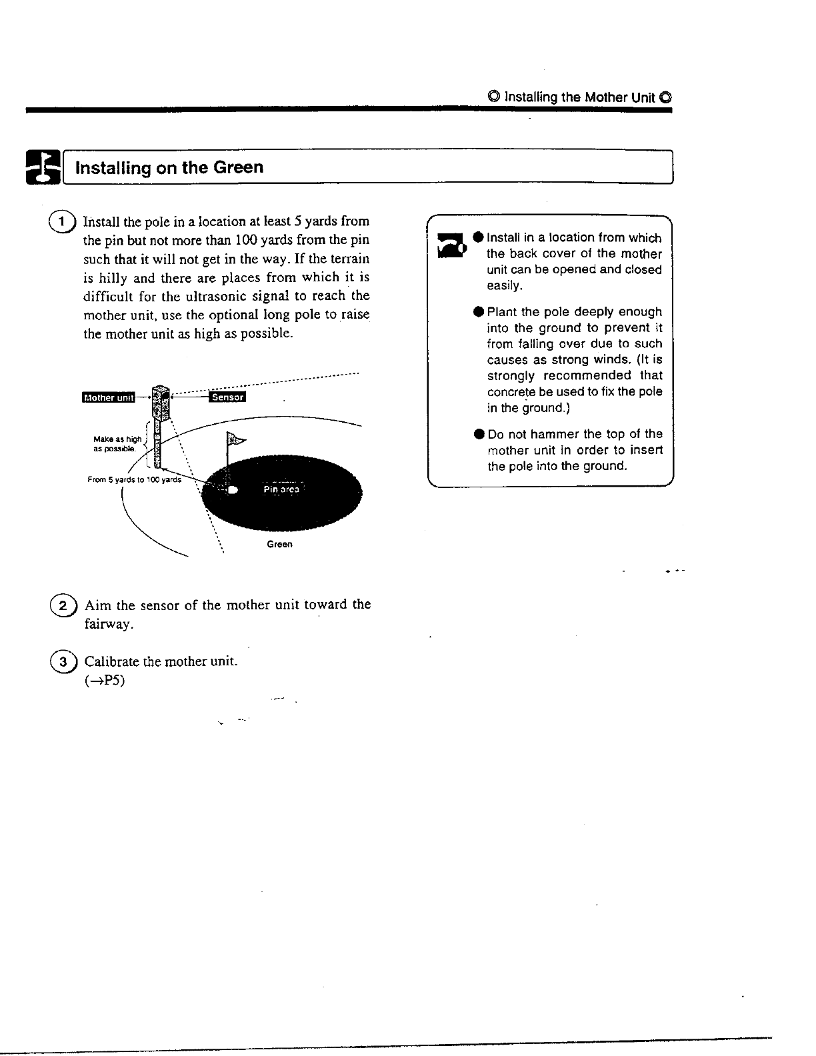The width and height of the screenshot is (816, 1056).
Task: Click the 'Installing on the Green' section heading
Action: pos(169,167)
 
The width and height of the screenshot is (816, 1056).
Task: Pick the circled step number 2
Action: pos(62,606)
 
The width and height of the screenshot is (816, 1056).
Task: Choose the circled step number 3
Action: pos(62,663)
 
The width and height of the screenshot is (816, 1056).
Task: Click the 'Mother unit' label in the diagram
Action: pos(107,398)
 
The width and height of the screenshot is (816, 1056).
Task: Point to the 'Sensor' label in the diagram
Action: pos(227,398)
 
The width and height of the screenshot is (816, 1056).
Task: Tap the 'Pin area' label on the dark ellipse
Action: pos(281,489)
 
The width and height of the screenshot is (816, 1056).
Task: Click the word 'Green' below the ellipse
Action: pos(279,544)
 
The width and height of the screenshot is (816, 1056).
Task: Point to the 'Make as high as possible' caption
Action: pos(117,444)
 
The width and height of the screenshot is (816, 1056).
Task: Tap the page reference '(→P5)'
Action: pos(105,681)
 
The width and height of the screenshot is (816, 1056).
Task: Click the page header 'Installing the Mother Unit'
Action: pos(579,97)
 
